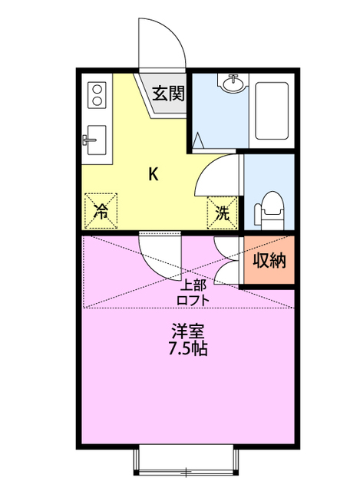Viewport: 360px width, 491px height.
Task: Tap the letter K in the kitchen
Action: click(x=153, y=174)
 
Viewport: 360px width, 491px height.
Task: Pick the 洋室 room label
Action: click(x=187, y=331)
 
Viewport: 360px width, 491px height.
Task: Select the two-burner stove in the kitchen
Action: click(x=97, y=96)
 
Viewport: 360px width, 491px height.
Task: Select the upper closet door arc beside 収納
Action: click(x=227, y=245)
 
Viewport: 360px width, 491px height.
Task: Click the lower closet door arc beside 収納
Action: click(x=228, y=272)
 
